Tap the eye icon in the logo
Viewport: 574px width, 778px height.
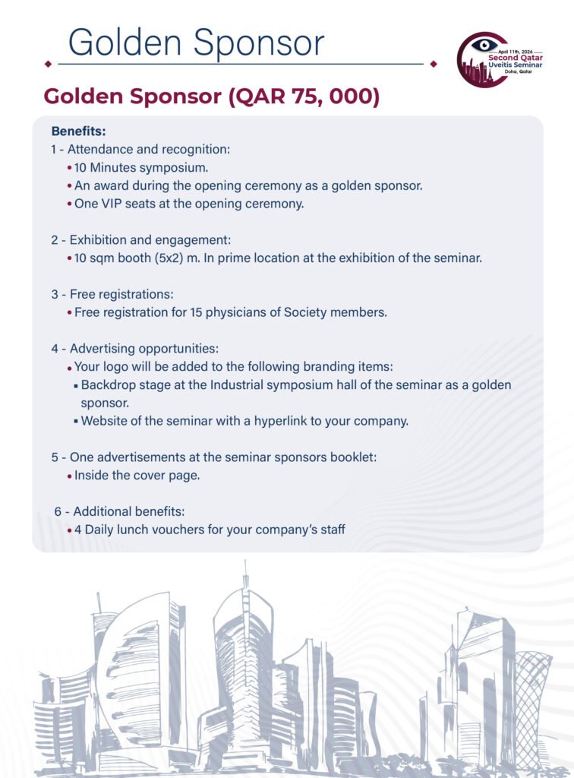pyautogui.click(x=484, y=46)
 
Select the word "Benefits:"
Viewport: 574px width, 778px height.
pyautogui.click(x=78, y=131)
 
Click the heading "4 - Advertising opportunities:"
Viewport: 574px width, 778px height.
pyautogui.click(x=135, y=349)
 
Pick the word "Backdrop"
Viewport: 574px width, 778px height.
pyautogui.click(x=108, y=385)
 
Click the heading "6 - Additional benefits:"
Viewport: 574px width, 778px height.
pyautogui.click(x=119, y=511)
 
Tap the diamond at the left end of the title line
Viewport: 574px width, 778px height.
pyautogui.click(x=49, y=64)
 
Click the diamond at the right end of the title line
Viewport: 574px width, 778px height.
pyautogui.click(x=434, y=64)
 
